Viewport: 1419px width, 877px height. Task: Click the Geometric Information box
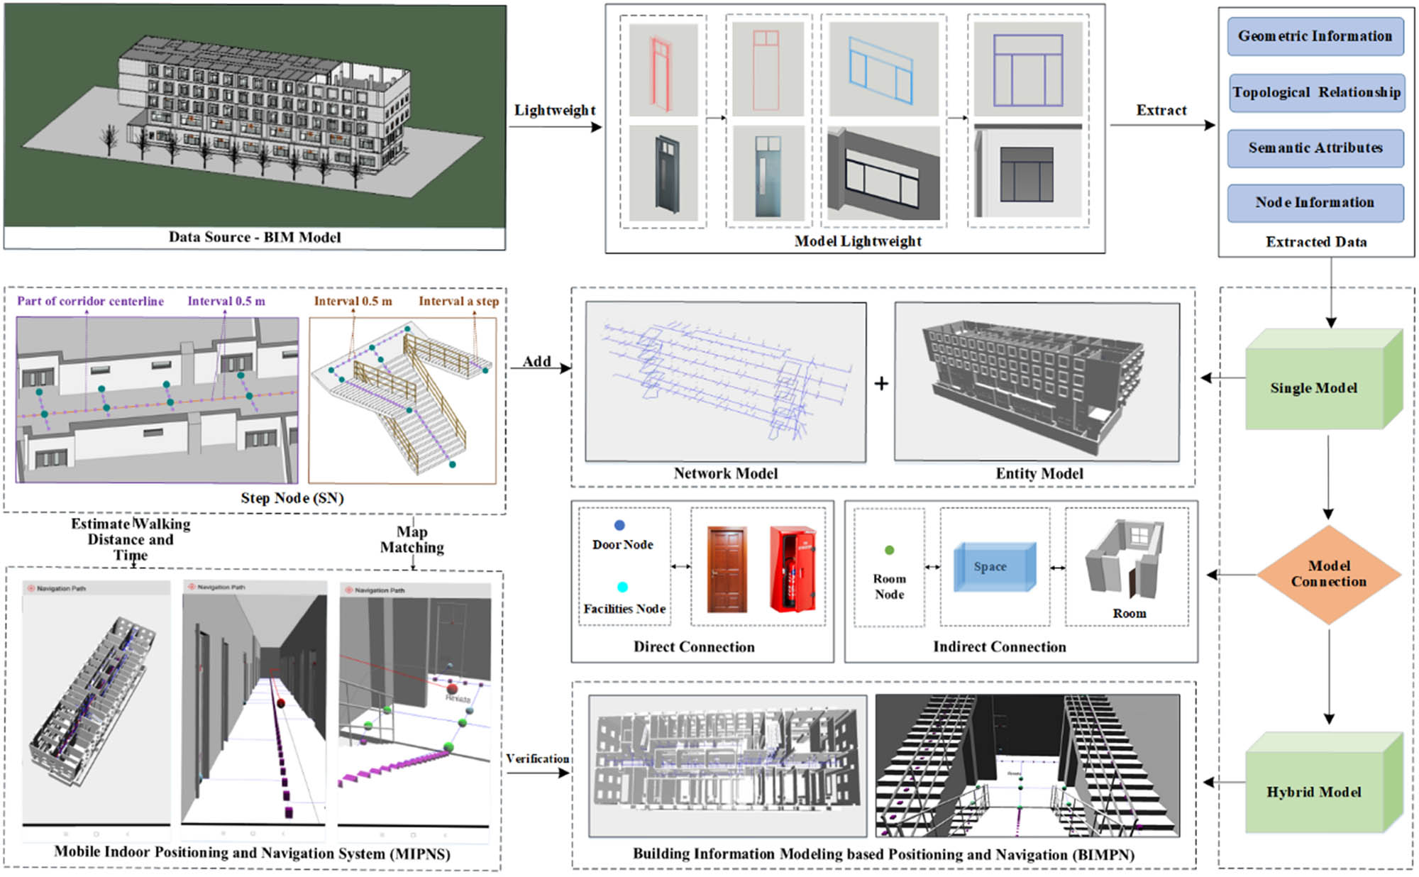1315,36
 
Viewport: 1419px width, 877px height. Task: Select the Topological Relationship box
1316,92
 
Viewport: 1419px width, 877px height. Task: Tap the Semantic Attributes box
1315,148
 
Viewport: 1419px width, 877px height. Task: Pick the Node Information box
1315,202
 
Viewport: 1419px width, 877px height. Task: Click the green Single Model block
1314,387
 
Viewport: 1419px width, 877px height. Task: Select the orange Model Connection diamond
1328,574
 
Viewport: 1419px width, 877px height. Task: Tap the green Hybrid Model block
1314,791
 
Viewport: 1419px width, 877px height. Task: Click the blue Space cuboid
992,566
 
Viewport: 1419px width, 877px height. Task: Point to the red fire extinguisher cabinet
793,569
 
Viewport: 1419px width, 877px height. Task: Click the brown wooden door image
727,570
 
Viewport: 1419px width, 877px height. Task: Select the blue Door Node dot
619,525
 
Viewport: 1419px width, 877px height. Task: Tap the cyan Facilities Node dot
622,587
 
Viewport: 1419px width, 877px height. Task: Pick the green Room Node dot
889,550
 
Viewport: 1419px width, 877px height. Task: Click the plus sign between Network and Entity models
880,384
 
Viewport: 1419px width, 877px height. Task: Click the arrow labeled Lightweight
555,126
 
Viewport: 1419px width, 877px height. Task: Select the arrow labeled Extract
1161,125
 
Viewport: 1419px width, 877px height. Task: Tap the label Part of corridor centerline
90,301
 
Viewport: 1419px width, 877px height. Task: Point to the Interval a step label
458,301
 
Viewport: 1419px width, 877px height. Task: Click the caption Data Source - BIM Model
254,237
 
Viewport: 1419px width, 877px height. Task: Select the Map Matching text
412,539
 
